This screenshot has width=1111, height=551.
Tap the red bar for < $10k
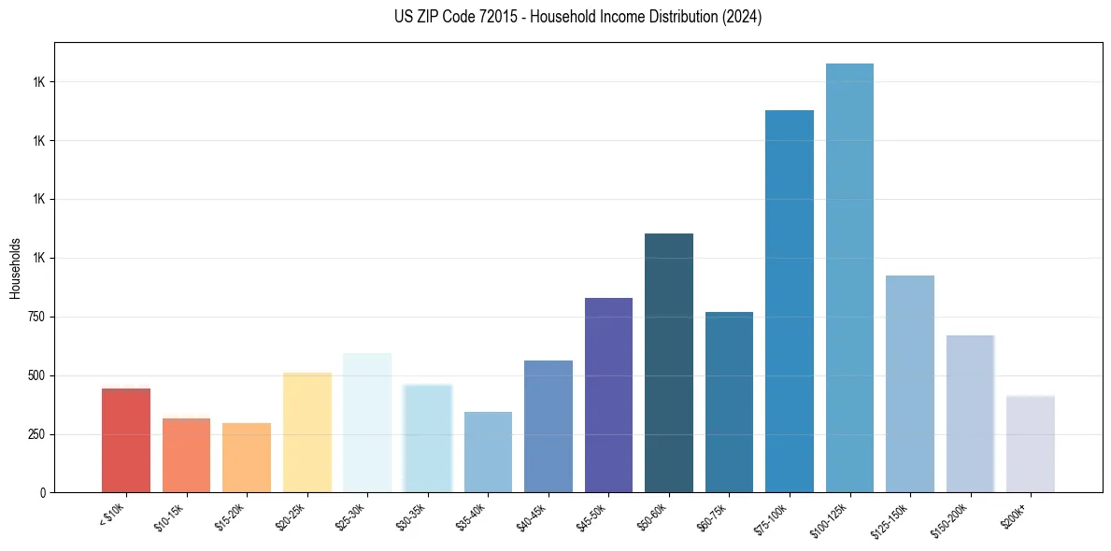click(125, 440)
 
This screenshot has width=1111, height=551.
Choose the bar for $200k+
click(1030, 444)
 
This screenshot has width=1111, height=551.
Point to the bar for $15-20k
click(246, 458)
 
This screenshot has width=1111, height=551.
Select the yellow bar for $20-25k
click(306, 432)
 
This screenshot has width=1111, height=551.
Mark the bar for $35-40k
click(488, 452)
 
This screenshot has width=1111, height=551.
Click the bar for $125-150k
click(909, 384)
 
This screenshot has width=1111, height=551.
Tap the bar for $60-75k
click(729, 402)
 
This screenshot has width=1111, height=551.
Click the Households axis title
click(15, 268)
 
